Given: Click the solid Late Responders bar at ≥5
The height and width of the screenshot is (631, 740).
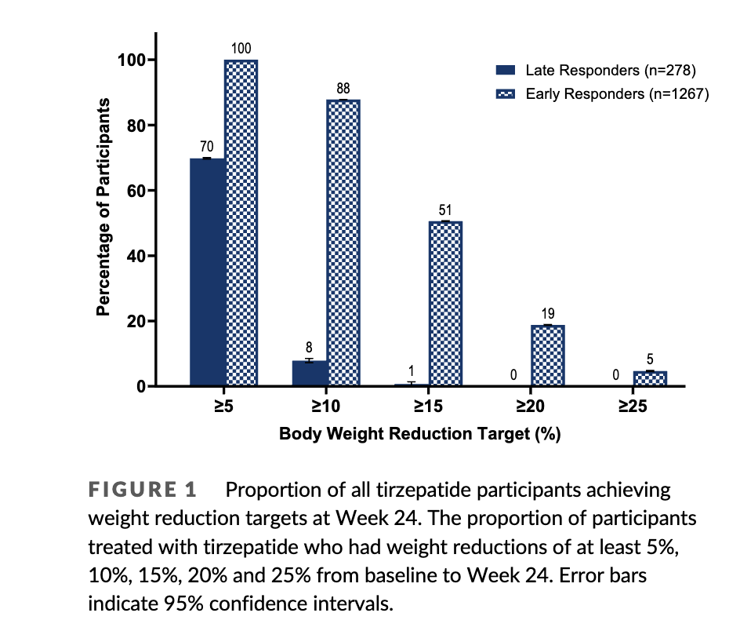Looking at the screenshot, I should pos(208,272).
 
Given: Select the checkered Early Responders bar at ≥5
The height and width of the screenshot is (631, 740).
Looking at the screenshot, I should pos(241,224).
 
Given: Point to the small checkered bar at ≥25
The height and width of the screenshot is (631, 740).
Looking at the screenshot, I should pos(649,378).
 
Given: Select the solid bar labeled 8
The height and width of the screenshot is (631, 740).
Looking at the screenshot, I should pos(310,374).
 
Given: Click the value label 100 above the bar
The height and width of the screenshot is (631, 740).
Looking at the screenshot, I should pos(241,49).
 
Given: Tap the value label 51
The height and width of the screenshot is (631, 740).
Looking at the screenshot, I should pos(445,210).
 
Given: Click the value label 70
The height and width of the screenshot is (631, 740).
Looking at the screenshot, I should pos(206,147).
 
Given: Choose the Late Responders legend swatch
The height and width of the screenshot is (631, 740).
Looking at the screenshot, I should pos(506,70).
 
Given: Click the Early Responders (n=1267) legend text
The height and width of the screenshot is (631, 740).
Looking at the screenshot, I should pos(617,93).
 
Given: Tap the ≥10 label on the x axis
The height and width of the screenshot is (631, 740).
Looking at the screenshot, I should pos(325,408).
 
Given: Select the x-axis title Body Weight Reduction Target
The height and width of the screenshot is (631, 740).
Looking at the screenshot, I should pos(419,434).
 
